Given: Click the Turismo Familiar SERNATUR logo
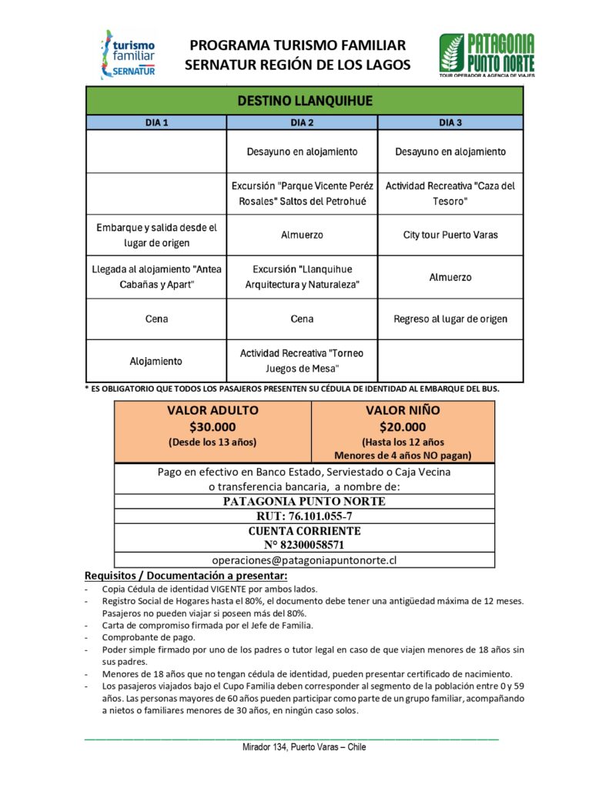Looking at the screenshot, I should (x=128, y=54).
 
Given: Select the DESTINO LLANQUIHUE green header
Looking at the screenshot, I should (x=304, y=101).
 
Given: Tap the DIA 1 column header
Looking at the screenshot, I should (x=156, y=122).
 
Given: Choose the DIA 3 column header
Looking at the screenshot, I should (x=450, y=122).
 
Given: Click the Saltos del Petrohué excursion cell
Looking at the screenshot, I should (x=302, y=193).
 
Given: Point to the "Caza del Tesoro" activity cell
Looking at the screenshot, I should (x=450, y=193).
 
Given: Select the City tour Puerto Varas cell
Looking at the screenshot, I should (x=450, y=235).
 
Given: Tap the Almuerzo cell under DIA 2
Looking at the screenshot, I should (x=302, y=235).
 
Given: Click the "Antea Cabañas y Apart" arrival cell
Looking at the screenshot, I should (x=156, y=277).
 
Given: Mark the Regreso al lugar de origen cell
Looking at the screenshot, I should (x=450, y=319).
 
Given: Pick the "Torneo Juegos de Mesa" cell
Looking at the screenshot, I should (x=302, y=360).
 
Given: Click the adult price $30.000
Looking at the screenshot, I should (x=212, y=427).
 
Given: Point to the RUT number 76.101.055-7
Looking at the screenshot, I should (x=304, y=516).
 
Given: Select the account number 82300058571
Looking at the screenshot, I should (x=304, y=545).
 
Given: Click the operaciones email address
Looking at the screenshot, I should (x=304, y=560).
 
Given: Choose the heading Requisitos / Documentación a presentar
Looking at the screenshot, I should (x=186, y=576).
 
